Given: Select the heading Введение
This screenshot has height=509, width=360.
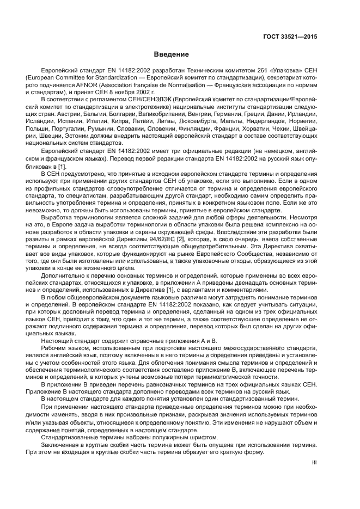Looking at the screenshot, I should [171, 54].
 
